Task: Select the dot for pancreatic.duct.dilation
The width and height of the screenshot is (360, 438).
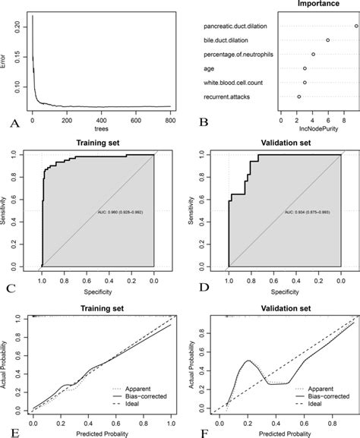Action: pyautogui.click(x=355, y=26)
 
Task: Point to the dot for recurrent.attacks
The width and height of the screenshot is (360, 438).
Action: pyautogui.click(x=299, y=97)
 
